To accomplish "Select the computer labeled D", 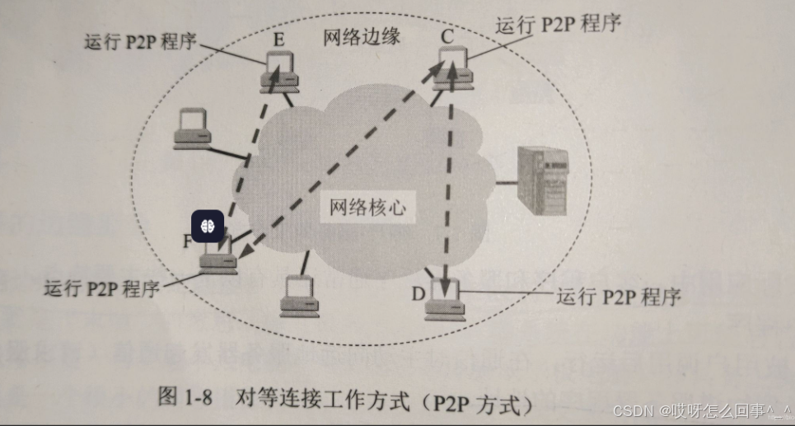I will pyautogui.click(x=445, y=303).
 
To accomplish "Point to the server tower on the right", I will pyautogui.click(x=542, y=180).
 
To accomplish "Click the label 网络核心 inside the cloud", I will pyautogui.click(x=367, y=208).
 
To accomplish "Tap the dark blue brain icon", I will pyautogui.click(x=206, y=224).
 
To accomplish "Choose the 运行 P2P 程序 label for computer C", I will pyautogui.click(x=558, y=23).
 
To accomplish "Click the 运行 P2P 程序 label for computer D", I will pyautogui.click(x=619, y=297).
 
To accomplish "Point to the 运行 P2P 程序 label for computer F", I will pyautogui.click(x=103, y=289).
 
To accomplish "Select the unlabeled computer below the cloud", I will pyautogui.click(x=298, y=298).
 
